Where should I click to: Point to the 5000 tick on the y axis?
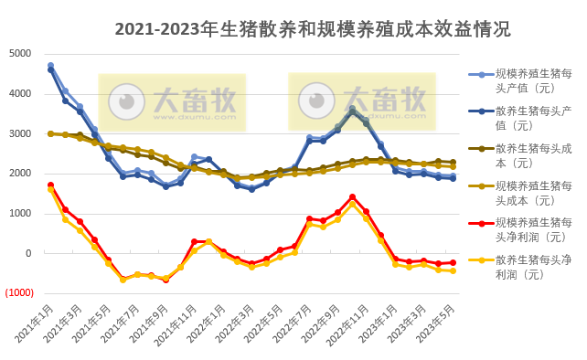pyautogui.click(x=20, y=53)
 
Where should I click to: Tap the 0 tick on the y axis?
pyautogui.click(x=28, y=253)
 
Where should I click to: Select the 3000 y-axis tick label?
pyautogui.click(x=20, y=133)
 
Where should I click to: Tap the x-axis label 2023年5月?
pyautogui.click(x=437, y=324)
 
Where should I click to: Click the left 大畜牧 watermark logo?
pyautogui.click(x=172, y=101)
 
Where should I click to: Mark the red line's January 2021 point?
pyautogui.click(x=50, y=185)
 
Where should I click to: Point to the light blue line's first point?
pyautogui.click(x=50, y=66)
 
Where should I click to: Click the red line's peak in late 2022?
pyautogui.click(x=352, y=197)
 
